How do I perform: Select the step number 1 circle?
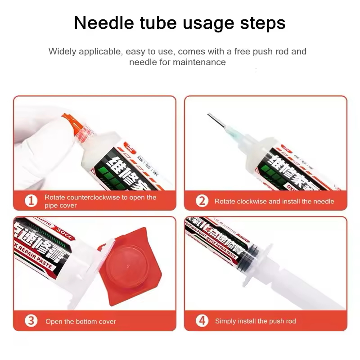pos(31,201)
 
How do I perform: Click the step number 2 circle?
pos(202,201)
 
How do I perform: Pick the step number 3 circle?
pos(31,321)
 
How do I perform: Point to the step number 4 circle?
pos(202,321)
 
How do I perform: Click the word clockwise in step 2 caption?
pos(251,201)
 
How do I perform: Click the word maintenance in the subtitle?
pos(199,62)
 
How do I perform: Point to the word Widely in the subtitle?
pos(63,51)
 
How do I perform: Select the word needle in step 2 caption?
pos(324,201)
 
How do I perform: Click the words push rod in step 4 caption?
pos(282,321)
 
